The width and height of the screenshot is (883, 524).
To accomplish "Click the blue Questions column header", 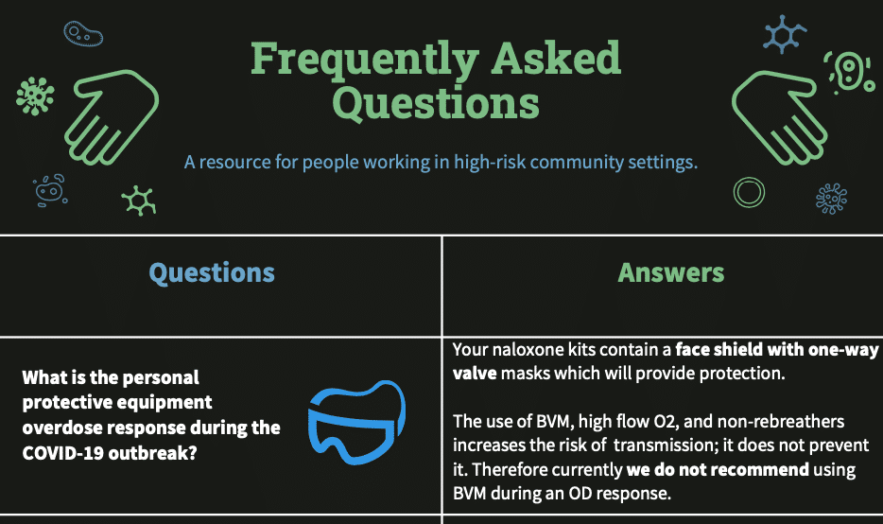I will [x=212, y=273].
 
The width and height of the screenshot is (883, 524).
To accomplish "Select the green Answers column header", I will [x=671, y=273].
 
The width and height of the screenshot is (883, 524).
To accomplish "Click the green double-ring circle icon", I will [x=749, y=192].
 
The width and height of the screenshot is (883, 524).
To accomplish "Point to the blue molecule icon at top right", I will [x=785, y=32].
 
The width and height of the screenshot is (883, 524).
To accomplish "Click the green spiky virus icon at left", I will [x=35, y=96].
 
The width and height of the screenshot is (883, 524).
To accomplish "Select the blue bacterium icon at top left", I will [x=83, y=35].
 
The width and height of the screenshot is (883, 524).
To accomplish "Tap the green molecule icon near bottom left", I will [x=139, y=200].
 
